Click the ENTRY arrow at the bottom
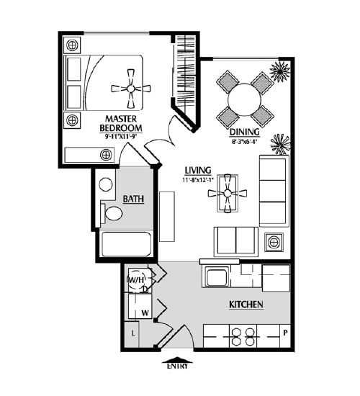click(x=177, y=359)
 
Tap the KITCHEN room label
click(x=246, y=305)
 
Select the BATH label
click(x=133, y=199)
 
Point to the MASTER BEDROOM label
click(x=121, y=123)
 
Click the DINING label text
click(x=244, y=132)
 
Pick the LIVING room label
click(x=198, y=171)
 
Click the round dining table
click(x=244, y=100)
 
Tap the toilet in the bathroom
click(x=112, y=213)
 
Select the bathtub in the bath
click(x=126, y=244)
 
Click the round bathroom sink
click(x=106, y=184)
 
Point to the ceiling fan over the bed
click(x=130, y=89)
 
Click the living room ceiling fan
click(x=228, y=193)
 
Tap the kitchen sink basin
click(x=217, y=276)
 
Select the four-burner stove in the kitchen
click(x=243, y=336)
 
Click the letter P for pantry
click(x=285, y=333)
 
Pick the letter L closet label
click(x=133, y=333)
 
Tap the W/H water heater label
click(x=136, y=279)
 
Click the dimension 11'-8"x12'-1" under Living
click(x=198, y=180)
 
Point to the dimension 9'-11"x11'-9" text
click(x=120, y=137)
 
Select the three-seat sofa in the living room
click(x=274, y=191)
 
